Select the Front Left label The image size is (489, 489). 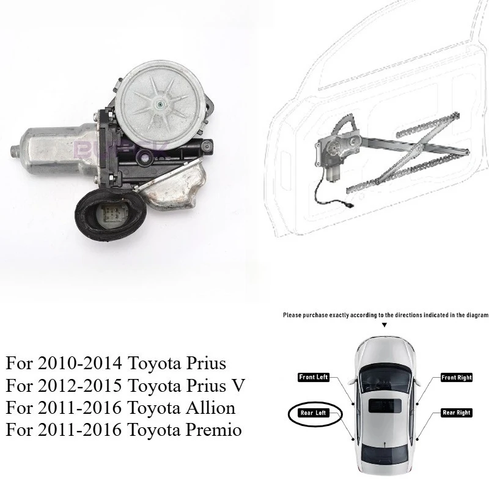click(314, 377)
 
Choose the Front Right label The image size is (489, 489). click(457, 377)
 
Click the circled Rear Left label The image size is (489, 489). click(314, 413)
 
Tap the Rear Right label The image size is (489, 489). click(457, 413)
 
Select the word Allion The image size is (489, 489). click(209, 408)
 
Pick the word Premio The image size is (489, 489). click(215, 430)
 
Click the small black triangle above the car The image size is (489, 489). click(384, 326)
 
